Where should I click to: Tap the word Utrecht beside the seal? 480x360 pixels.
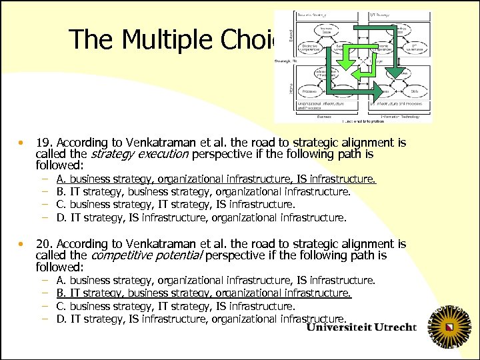tap(391, 328)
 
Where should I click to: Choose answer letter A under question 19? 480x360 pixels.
tap(61, 179)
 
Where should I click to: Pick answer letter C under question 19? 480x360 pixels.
tap(61, 205)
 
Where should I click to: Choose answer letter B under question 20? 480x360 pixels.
tap(61, 293)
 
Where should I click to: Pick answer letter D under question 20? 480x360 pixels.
tap(61, 319)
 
